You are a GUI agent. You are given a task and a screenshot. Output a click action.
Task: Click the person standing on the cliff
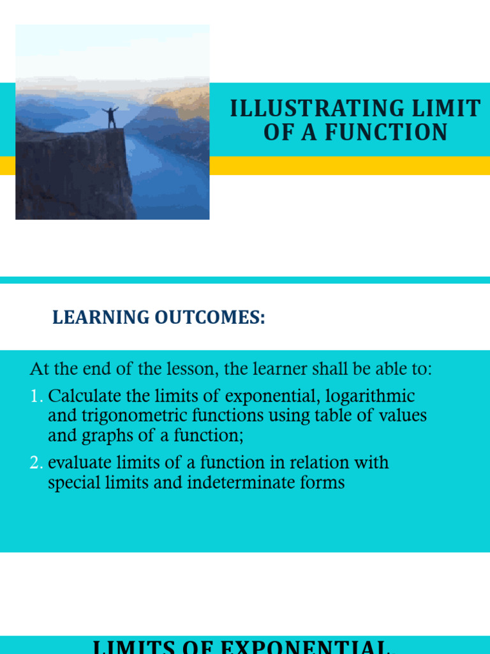pyautogui.click(x=111, y=118)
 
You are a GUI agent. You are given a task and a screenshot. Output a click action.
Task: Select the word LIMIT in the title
pyautogui.click(x=449, y=109)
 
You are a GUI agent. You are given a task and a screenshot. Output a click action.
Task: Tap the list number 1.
pyautogui.click(x=36, y=396)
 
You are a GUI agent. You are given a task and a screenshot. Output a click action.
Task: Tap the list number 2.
pyautogui.click(x=36, y=462)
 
